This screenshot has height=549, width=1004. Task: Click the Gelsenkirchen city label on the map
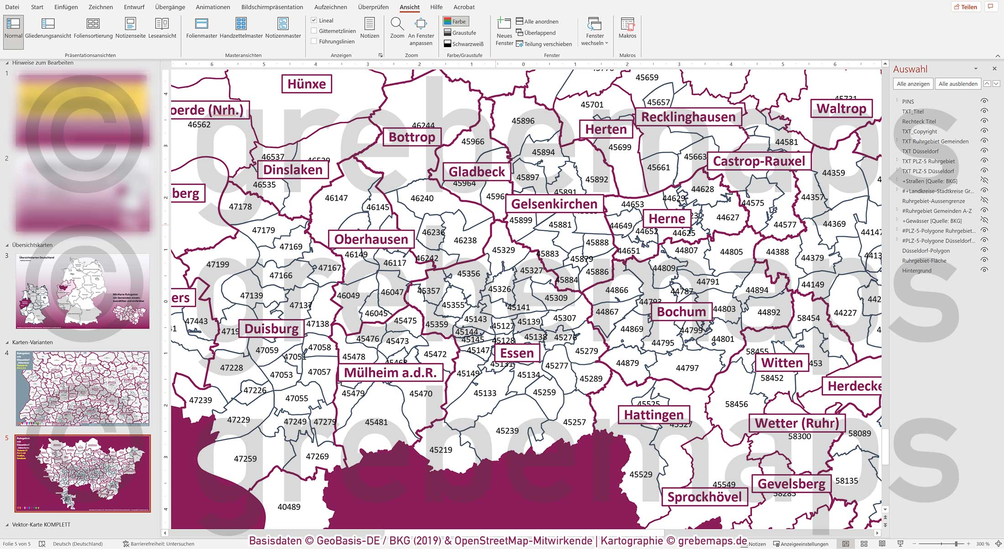pos(554,204)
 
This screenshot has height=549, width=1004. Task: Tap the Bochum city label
pos(681,312)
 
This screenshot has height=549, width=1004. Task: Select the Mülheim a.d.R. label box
pos(390,373)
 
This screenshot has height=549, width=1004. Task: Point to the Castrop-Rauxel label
pos(759,161)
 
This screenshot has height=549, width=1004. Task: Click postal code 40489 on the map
pos(289,507)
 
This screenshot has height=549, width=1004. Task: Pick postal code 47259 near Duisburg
pos(245,459)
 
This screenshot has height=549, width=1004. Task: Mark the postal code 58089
pos(859,433)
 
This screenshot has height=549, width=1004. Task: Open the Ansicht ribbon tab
pos(409,7)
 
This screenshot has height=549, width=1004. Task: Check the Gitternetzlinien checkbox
pos(314,31)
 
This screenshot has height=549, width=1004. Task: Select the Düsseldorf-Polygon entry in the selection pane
pos(926,251)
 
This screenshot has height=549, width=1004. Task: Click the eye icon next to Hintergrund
pos(984,270)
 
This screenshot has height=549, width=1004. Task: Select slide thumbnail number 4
pos(83,388)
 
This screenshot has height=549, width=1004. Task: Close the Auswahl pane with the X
pos(994,68)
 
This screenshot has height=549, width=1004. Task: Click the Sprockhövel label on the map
pos(704,497)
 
